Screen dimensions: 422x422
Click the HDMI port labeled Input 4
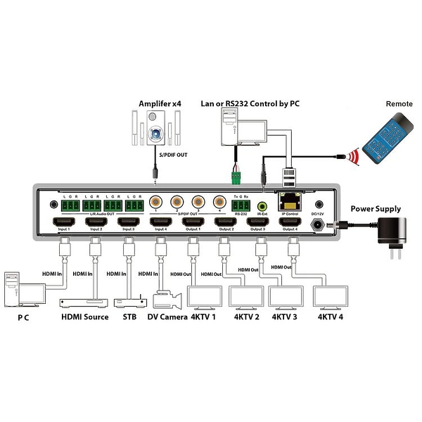(160, 223)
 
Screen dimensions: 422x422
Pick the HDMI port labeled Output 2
(225, 223)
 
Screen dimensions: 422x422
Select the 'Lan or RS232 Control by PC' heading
(252, 104)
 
